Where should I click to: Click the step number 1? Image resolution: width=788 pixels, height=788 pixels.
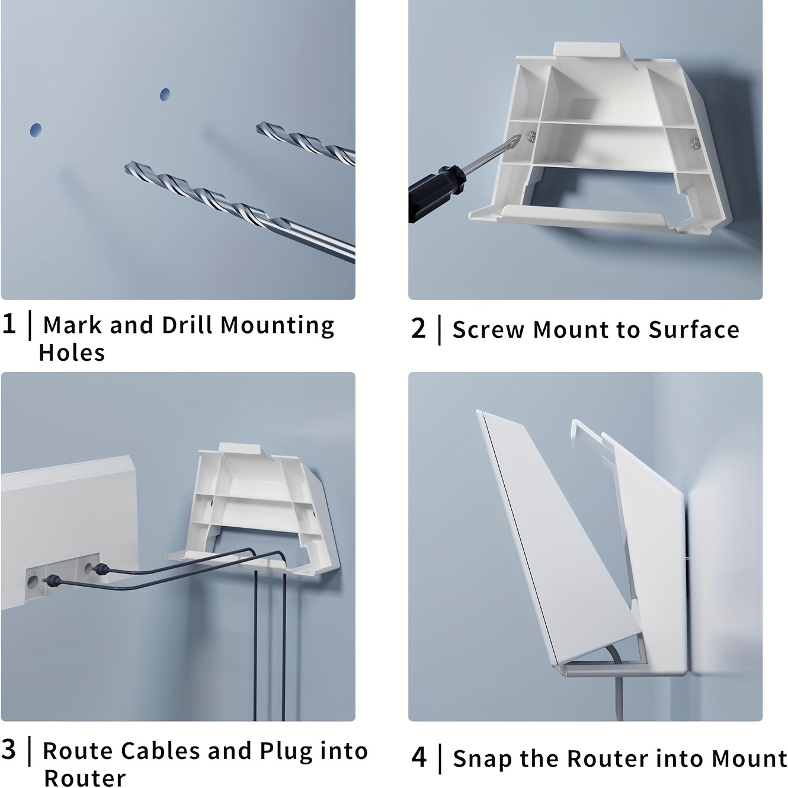pos(9,324)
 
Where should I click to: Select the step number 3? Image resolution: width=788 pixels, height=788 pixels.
pos(8,749)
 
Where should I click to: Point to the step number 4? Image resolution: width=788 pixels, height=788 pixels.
pos(419,757)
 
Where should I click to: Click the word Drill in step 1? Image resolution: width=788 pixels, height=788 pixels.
pos(187,325)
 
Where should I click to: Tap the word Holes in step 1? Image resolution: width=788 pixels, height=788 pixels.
pos(72,353)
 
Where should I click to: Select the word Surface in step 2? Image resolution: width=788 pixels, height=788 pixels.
pos(694,329)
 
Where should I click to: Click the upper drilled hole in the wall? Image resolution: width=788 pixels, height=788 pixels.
pos(165,94)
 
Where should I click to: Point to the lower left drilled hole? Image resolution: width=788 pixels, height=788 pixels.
pos(36,130)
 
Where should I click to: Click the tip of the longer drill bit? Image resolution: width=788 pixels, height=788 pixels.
pos(126,166)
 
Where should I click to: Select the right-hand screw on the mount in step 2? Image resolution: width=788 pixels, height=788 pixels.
pos(696,143)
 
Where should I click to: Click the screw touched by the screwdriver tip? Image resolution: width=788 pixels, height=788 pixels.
pos(531,137)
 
